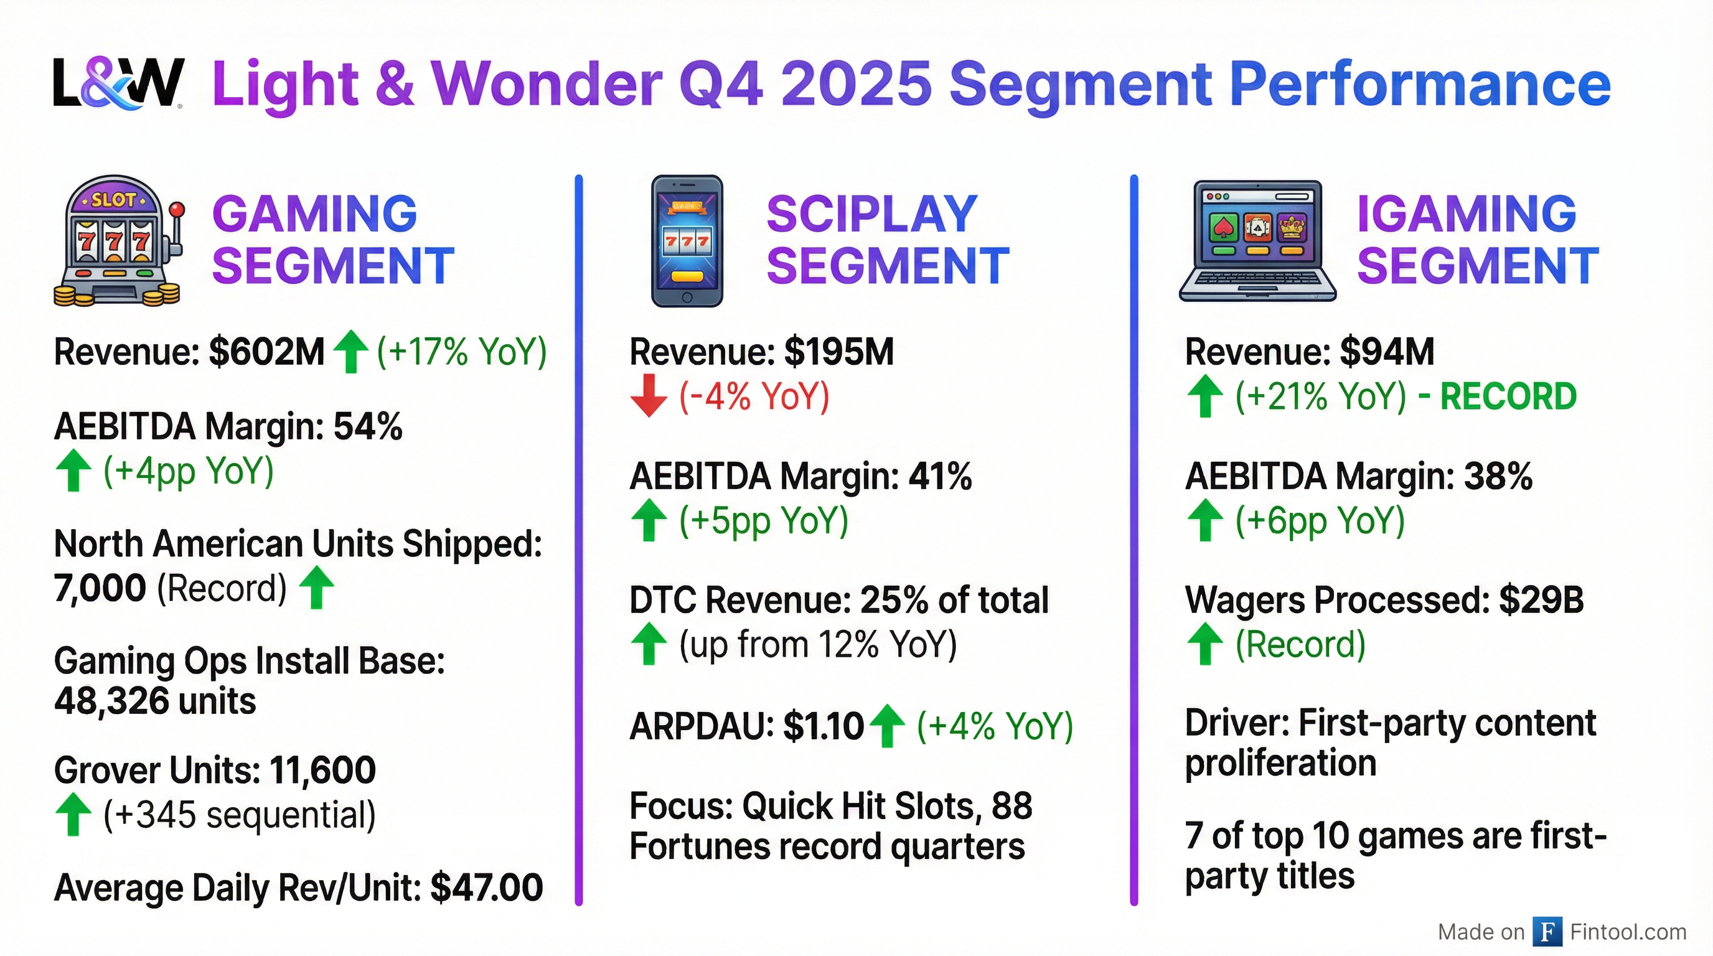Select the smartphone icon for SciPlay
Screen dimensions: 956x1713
coord(687,241)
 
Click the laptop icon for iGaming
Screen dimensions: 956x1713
coord(1257,241)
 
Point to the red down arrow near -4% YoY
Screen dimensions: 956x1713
coord(649,396)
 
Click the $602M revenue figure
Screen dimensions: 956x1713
coord(266,352)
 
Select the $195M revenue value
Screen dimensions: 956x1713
coord(839,352)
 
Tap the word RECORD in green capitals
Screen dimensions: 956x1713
coord(1508,396)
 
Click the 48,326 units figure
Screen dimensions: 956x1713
coord(155,701)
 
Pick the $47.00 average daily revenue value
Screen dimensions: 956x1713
coord(487,888)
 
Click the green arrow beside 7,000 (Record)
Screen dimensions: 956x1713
coord(317,587)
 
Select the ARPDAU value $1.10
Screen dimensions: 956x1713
coord(824,726)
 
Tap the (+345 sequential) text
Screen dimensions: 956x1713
coord(240,814)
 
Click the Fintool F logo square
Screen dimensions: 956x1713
coord(1547,931)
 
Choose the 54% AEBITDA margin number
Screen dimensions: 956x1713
coord(368,426)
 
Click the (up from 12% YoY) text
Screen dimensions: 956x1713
coord(818,644)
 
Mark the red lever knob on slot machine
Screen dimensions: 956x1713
coord(176,209)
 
